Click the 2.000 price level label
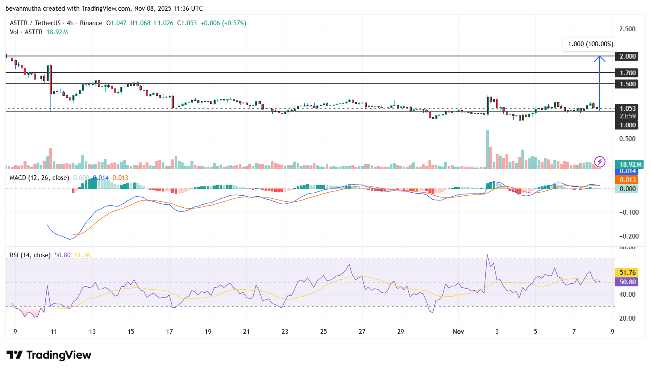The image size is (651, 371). pyautogui.click(x=627, y=56)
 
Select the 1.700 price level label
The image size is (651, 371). pyautogui.click(x=627, y=73)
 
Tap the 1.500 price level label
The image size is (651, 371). pyautogui.click(x=627, y=84)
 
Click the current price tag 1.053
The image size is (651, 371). pyautogui.click(x=627, y=108)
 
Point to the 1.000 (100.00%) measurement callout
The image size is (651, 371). pyautogui.click(x=590, y=44)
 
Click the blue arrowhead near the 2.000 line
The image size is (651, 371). pyautogui.click(x=599, y=59)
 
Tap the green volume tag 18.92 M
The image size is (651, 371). pyautogui.click(x=630, y=165)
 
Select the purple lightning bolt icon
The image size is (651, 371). pyautogui.click(x=600, y=162)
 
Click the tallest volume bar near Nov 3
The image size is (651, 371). pyautogui.click(x=488, y=150)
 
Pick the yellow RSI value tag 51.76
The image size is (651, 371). pyautogui.click(x=627, y=273)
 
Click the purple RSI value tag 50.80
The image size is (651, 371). pyautogui.click(x=627, y=282)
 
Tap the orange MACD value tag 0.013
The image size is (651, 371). pyautogui.click(x=627, y=180)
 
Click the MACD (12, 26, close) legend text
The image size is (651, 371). pyautogui.click(x=39, y=178)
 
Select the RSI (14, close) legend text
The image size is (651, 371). pyautogui.click(x=30, y=255)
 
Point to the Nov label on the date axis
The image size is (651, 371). pyautogui.click(x=458, y=332)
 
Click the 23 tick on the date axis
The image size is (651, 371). pyautogui.click(x=285, y=332)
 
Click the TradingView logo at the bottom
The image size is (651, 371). pyautogui.click(x=49, y=355)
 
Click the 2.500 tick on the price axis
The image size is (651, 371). pyautogui.click(x=627, y=29)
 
